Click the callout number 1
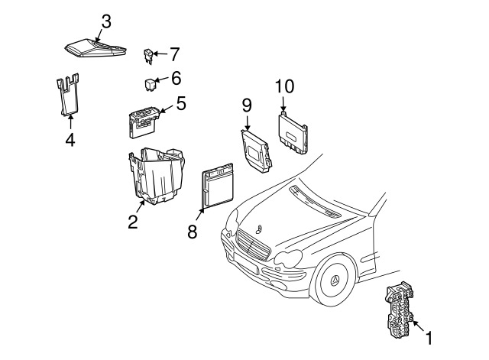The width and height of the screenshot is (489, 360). (429, 338)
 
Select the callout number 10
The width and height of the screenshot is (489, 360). (284, 86)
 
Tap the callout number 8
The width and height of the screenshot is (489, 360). (192, 232)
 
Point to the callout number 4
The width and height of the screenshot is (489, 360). (70, 139)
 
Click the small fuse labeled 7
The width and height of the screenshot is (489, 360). (148, 56)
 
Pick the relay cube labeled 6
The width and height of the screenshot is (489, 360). (150, 84)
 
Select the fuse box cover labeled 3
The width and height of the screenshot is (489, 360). (95, 48)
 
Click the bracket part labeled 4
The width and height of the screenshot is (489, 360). (68, 95)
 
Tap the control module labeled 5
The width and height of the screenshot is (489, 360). (144, 122)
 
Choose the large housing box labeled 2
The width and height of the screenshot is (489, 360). (157, 176)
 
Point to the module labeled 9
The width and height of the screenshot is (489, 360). (256, 151)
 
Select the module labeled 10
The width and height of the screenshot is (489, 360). (293, 132)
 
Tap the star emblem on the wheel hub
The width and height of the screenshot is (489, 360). (335, 281)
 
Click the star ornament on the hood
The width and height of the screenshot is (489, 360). (258, 229)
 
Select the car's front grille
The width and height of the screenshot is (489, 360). (254, 245)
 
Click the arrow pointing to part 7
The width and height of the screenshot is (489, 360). (160, 54)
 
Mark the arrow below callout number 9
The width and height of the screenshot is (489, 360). (248, 122)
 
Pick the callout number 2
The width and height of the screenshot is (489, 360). (132, 222)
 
